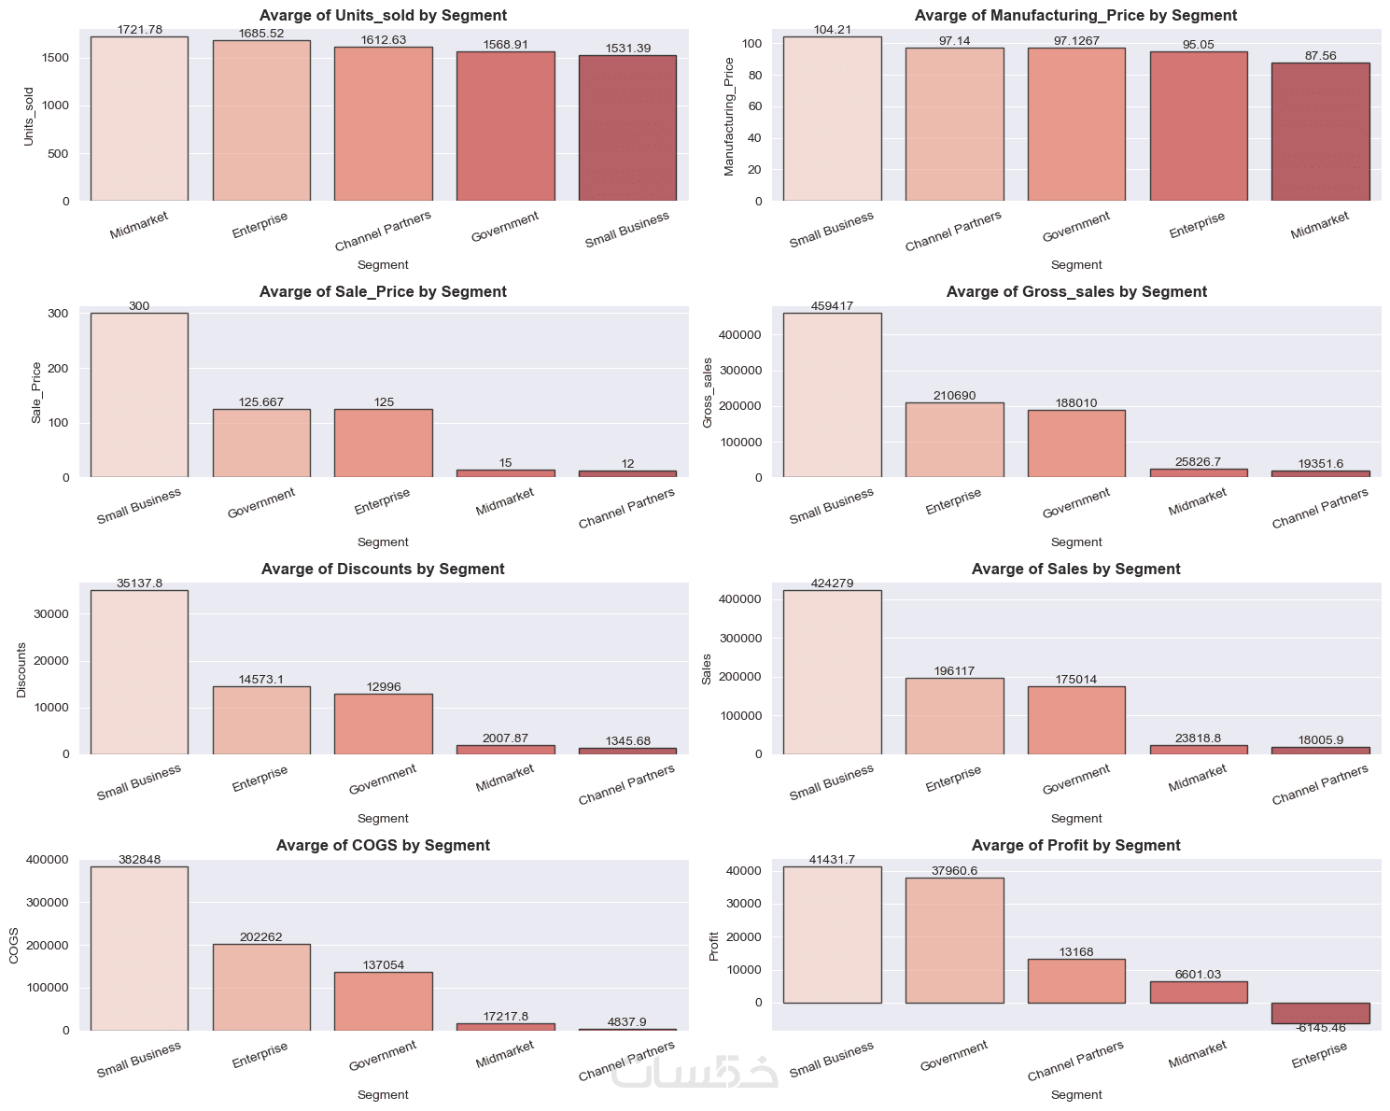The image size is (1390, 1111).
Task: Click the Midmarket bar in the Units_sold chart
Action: pos(139,119)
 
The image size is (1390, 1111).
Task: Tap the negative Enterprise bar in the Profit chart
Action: pos(1320,1013)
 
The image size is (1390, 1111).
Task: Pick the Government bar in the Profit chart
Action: pos(954,940)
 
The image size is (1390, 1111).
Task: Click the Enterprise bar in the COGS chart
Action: pos(261,987)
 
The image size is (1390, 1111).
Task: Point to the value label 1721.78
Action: pos(139,30)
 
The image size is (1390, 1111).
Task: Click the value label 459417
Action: pos(832,306)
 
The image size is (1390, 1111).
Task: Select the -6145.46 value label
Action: pos(1320,1028)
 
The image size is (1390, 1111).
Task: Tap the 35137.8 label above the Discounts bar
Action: pos(139,584)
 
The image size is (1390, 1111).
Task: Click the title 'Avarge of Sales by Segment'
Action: pos(1075,569)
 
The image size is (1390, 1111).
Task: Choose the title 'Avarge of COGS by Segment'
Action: pos(383,845)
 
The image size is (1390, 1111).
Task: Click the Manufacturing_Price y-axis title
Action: pos(730,117)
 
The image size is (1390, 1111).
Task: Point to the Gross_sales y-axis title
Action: pos(707,393)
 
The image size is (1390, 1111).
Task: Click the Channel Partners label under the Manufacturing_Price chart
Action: pos(953,231)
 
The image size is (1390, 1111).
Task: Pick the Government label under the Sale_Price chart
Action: pos(261,503)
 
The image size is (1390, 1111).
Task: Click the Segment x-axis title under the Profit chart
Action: pos(1075,1094)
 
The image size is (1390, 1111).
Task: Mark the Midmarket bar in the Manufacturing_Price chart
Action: pos(1320,132)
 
